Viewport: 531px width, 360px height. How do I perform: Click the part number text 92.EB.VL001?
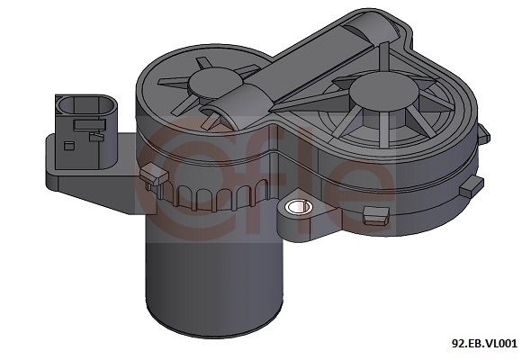click(x=484, y=344)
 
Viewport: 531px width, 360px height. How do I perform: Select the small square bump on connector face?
click(x=69, y=145)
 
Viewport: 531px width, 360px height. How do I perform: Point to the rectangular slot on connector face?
click(x=89, y=124)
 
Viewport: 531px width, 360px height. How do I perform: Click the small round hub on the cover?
click(x=214, y=82)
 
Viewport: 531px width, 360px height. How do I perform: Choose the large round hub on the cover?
click(x=383, y=92)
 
